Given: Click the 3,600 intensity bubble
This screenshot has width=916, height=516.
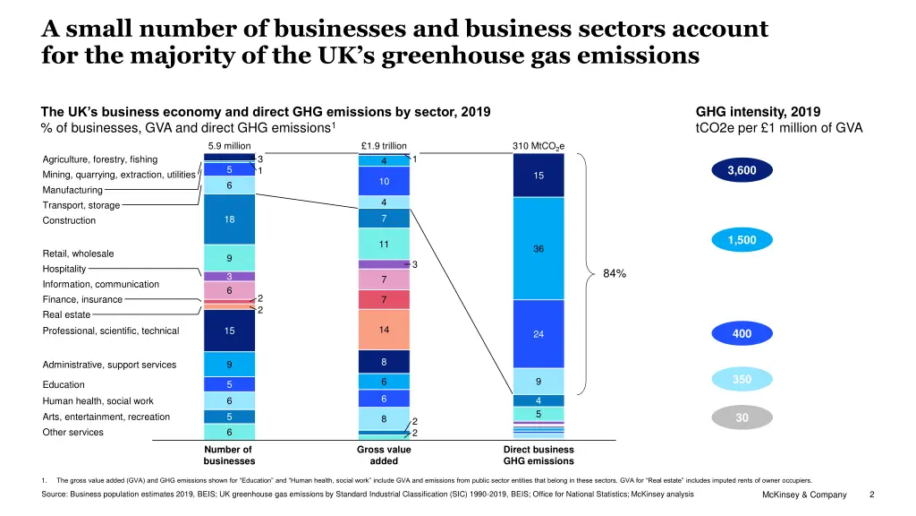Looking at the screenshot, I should [x=741, y=170].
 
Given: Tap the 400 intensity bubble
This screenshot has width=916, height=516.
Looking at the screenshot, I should [x=742, y=334].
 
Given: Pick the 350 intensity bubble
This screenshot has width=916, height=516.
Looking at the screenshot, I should [x=742, y=380].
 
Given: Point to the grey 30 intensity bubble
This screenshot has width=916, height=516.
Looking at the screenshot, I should [x=742, y=417].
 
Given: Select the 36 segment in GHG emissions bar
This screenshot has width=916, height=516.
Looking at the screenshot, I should [x=539, y=248].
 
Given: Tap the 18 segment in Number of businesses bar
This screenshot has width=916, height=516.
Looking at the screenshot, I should [x=229, y=219].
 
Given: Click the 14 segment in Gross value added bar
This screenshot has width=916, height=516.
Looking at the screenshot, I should [x=384, y=330].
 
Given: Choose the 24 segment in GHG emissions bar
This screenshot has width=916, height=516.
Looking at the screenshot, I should [x=539, y=334].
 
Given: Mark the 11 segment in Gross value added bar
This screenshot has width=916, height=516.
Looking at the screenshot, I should [x=384, y=244].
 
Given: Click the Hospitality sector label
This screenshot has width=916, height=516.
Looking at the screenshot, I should [x=64, y=269].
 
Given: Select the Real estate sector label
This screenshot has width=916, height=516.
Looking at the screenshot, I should [x=66, y=314].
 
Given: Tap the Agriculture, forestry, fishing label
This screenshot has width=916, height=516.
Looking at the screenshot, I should [x=100, y=159].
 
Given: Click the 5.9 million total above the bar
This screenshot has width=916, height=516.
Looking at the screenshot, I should [x=229, y=145].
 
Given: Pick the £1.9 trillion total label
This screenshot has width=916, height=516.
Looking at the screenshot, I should [x=384, y=145].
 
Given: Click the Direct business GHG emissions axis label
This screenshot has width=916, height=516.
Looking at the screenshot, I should [x=539, y=455].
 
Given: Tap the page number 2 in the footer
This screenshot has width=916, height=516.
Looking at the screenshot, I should [x=872, y=494].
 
